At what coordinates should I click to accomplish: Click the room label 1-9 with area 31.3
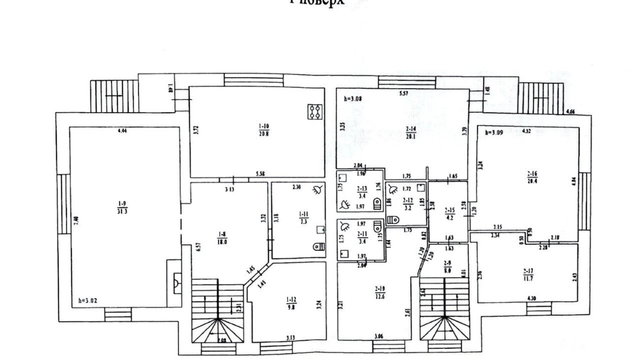coord(122,208)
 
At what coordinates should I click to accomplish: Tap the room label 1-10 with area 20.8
coord(264,130)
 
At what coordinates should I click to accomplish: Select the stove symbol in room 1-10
coord(315,112)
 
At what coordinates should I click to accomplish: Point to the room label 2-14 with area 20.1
coord(411,133)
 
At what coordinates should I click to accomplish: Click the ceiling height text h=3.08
coord(353,99)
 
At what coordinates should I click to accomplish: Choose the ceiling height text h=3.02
coord(88,300)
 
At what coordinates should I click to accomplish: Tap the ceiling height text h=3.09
coord(494,132)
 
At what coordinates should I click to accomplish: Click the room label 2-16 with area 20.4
coord(532,177)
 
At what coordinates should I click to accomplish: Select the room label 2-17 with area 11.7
coord(528,275)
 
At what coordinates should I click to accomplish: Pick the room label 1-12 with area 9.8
coord(291,303)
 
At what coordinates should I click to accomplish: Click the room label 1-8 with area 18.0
coord(222,238)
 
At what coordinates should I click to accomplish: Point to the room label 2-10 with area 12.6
coord(380,292)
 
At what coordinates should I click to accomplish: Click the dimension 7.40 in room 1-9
coord(76,220)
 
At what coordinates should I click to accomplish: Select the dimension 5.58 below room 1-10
coord(260,174)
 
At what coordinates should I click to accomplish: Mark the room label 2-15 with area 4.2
coord(450,214)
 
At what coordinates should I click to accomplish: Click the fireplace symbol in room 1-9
coord(177,283)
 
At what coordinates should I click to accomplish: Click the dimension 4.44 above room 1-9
coord(122,131)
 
